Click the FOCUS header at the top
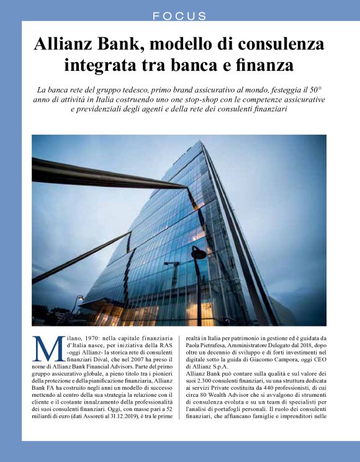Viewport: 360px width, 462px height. tap(180, 16)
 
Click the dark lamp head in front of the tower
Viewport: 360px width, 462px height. tap(198, 253)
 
